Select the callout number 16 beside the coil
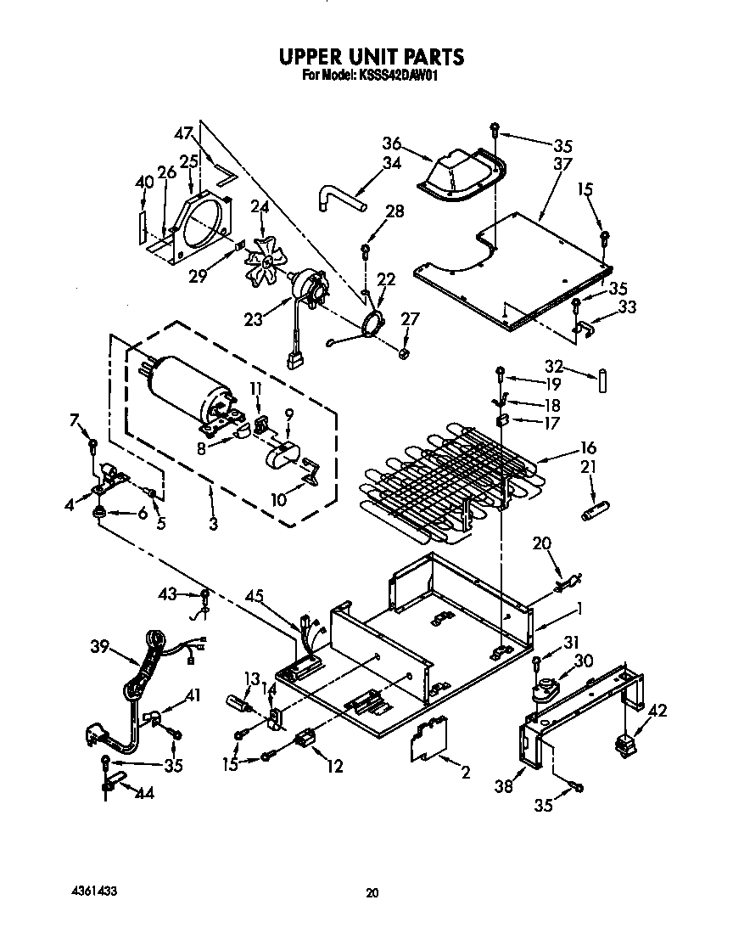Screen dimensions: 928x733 [588, 447]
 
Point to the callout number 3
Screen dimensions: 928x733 [212, 525]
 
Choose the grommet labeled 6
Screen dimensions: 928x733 [100, 512]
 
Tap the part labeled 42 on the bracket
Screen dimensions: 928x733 [628, 745]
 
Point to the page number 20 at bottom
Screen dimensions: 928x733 [371, 892]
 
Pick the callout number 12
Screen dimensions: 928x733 [334, 767]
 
